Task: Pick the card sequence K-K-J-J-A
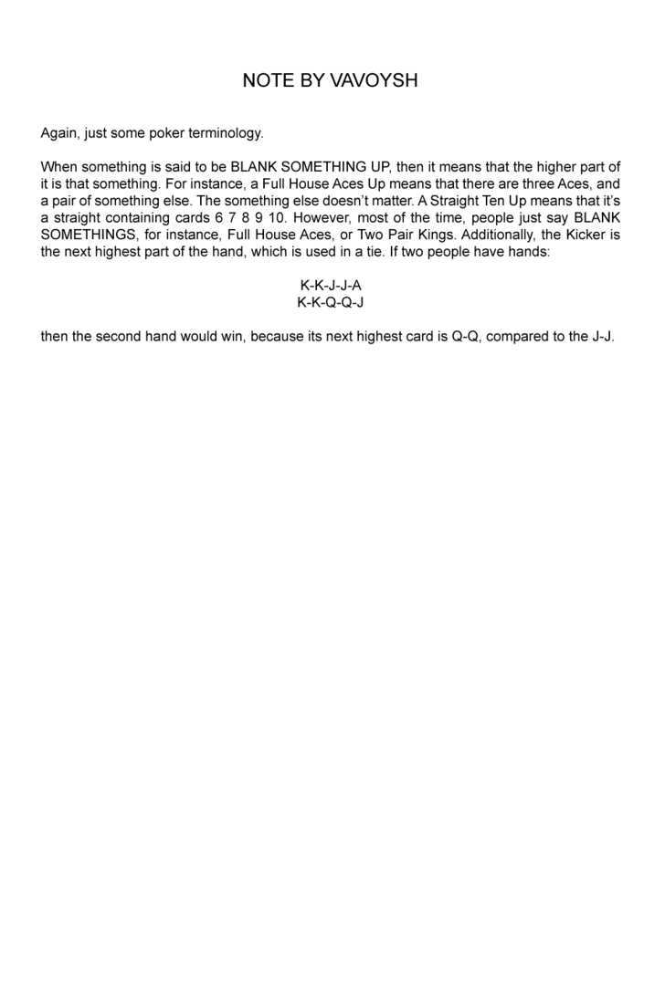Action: pos(331,286)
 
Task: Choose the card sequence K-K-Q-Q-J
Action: pos(331,302)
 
